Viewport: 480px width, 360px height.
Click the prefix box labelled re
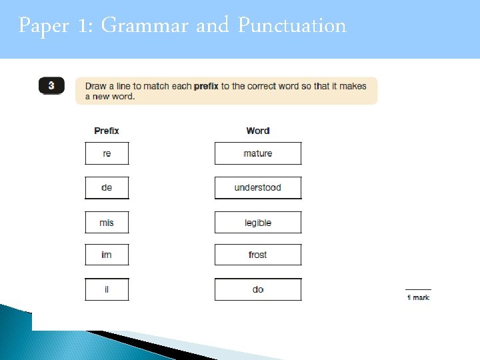click(x=107, y=153)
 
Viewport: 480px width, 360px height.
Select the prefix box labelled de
click(x=107, y=188)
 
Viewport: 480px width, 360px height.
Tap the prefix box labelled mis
click(x=107, y=223)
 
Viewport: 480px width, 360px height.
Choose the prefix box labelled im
click(x=107, y=255)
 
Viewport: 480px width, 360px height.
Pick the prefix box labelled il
click(x=107, y=289)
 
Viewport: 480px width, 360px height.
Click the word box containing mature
click(x=258, y=153)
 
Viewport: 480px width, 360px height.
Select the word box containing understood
click(x=258, y=188)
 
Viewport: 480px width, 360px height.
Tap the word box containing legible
click(x=258, y=223)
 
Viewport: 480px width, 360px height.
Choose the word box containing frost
click(x=258, y=255)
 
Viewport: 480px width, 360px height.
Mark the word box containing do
click(x=258, y=289)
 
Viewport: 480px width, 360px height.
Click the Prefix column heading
click(x=107, y=131)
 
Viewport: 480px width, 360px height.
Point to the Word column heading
click(x=258, y=131)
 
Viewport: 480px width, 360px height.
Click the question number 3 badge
click(x=51, y=86)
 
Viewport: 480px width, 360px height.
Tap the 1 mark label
click(x=419, y=297)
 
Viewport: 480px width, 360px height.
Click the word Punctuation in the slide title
click(x=292, y=26)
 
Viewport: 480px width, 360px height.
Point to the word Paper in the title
click(x=44, y=26)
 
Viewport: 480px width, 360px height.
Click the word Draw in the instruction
click(x=96, y=87)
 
